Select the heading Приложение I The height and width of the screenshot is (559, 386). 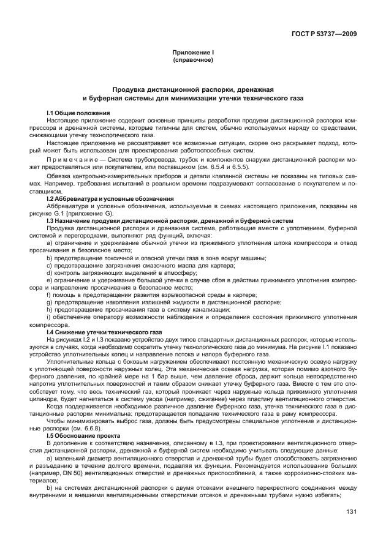click(192, 53)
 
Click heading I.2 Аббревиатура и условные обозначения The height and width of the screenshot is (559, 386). click(110, 199)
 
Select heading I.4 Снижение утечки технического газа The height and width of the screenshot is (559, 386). click(104, 332)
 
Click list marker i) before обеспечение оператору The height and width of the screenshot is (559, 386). click(48, 318)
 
